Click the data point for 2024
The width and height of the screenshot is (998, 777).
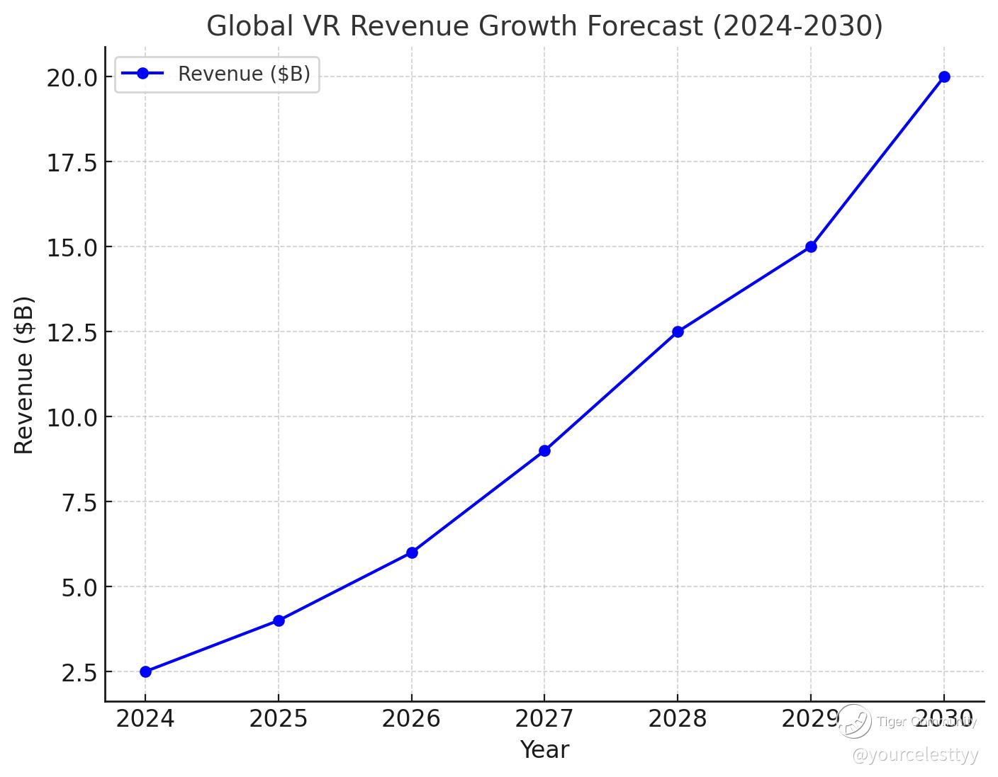[145, 671]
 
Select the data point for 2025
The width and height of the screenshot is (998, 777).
[279, 620]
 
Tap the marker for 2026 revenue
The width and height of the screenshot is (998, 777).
[412, 552]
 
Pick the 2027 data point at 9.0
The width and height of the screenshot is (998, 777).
[544, 450]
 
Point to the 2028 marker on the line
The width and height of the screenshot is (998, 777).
[678, 331]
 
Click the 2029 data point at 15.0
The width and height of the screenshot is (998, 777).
[811, 246]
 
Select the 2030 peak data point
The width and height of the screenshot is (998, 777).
[944, 76]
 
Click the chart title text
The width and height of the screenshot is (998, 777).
[544, 26]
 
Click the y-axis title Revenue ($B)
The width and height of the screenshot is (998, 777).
[24, 375]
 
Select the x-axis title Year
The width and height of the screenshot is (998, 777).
[544, 749]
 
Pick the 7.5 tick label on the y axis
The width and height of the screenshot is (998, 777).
[79, 502]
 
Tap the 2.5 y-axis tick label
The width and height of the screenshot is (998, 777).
[79, 672]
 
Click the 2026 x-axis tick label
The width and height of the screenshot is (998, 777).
[411, 719]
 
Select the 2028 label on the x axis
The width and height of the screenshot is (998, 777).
[678, 719]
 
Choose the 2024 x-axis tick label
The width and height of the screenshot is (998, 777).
[145, 719]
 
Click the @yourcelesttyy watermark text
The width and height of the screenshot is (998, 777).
[915, 755]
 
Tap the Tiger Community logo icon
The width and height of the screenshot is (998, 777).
[854, 721]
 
